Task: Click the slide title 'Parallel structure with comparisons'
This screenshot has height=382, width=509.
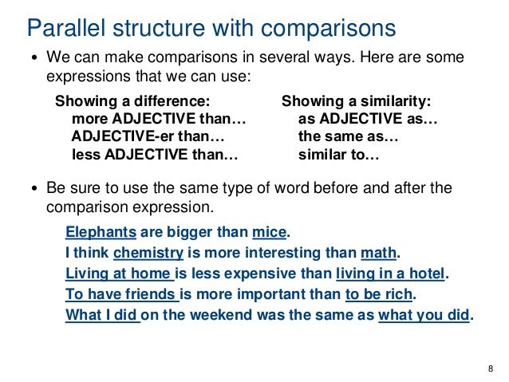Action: tap(211, 28)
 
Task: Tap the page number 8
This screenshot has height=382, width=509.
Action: tap(490, 368)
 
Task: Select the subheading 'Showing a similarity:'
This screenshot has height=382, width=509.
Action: tap(356, 102)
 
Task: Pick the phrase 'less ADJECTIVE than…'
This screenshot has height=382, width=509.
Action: tap(156, 154)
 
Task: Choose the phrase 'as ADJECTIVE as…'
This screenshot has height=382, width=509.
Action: tap(368, 119)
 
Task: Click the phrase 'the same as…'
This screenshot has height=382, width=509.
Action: tap(348, 136)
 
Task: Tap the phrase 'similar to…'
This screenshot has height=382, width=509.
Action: tap(338, 154)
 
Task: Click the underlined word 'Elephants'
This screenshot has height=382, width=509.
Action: tap(101, 233)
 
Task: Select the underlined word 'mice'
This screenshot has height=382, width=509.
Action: tap(269, 233)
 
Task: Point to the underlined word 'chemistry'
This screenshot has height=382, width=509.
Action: tap(149, 254)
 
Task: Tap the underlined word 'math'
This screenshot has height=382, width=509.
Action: tap(378, 254)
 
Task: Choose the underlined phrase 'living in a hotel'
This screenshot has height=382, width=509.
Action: tap(390, 274)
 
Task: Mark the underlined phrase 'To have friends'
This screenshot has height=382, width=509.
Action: tap(121, 294)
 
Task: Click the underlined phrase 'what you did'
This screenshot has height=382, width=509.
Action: tap(424, 314)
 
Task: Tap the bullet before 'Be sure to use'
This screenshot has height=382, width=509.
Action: tap(34, 190)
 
